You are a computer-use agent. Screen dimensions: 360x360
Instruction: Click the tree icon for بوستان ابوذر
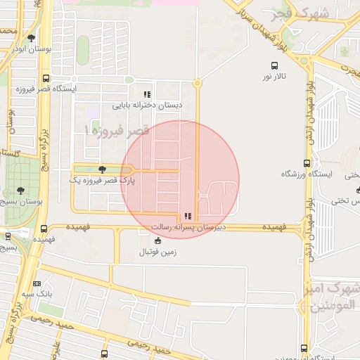31,38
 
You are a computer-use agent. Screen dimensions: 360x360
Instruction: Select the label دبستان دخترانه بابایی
146,105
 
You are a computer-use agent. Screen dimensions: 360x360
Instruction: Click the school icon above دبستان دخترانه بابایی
146,95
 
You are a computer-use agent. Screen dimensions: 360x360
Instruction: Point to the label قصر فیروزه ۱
116,131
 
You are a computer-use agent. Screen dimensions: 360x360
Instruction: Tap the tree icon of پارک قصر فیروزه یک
103,169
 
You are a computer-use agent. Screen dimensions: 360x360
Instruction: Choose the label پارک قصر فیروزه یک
101,180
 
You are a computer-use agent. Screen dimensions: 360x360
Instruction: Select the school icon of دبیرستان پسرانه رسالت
186,217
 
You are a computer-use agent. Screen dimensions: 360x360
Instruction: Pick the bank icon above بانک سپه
37,283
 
